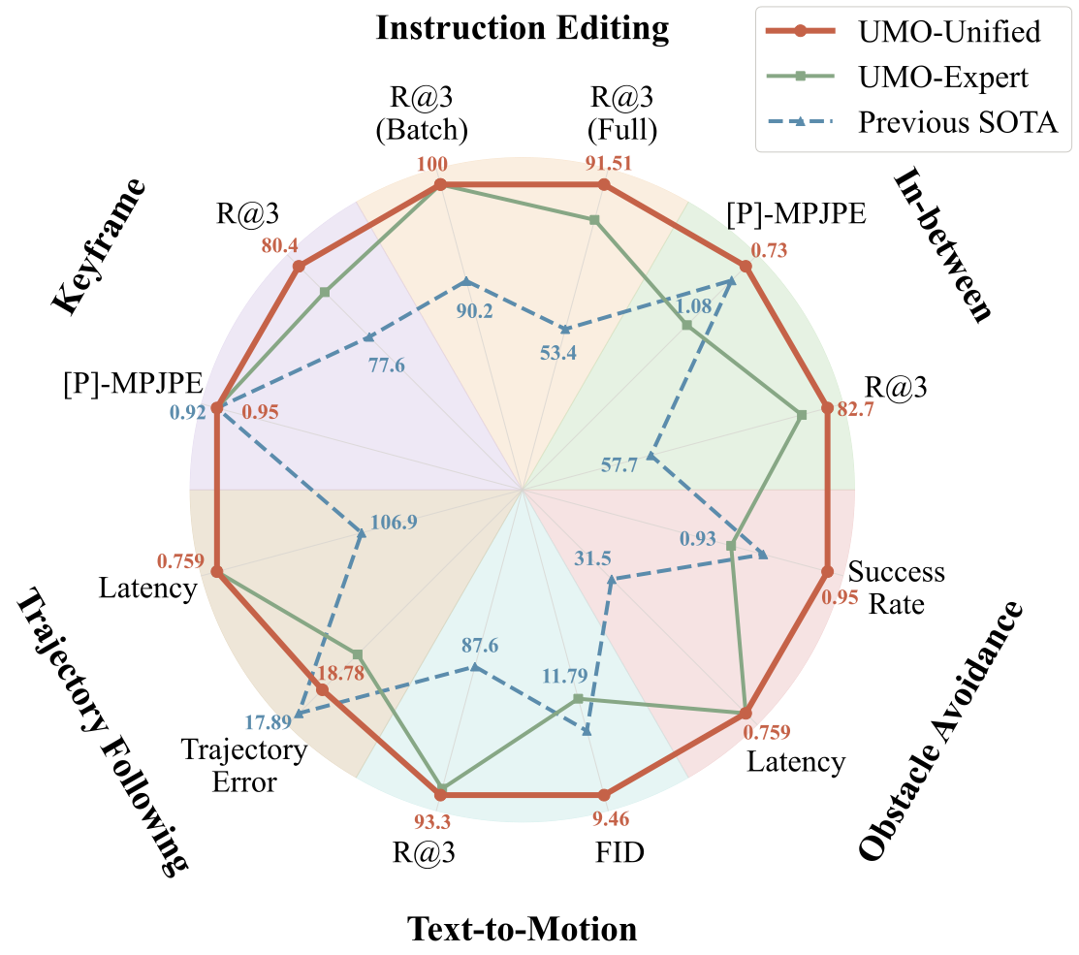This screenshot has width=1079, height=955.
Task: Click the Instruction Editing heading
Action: point(523,28)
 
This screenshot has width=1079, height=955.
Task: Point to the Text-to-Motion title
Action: point(523,929)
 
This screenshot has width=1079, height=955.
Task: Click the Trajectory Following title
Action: point(101,731)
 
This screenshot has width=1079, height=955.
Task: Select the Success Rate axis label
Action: point(896,589)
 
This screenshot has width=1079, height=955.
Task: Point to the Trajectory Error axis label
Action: point(244,765)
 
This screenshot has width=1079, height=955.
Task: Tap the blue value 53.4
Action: point(558,353)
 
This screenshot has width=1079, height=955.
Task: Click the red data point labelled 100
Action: point(441,185)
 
